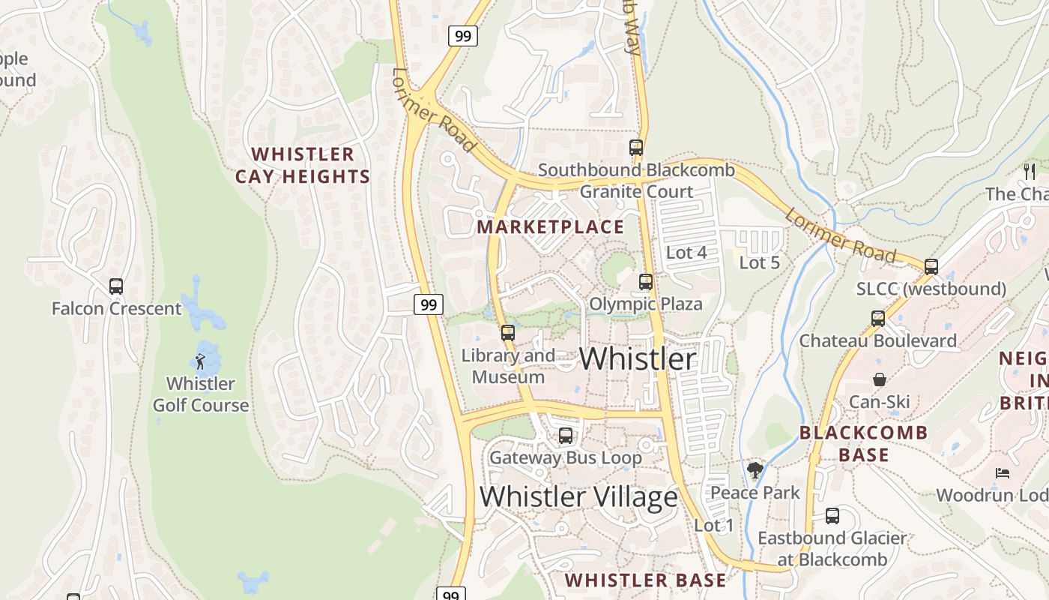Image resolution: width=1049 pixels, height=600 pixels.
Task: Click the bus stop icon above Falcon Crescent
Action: tap(116, 286)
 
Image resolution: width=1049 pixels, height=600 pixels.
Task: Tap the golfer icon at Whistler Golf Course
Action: tap(200, 363)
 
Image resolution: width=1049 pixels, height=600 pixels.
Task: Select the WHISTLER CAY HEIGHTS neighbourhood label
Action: tap(303, 166)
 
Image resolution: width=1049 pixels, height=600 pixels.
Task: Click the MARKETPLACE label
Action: tap(551, 226)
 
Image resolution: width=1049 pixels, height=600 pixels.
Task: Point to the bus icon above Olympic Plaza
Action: tap(646, 282)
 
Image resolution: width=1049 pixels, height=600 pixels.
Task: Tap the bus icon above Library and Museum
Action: tap(508, 332)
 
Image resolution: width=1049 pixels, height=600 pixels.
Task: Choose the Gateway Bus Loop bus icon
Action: tap(566, 435)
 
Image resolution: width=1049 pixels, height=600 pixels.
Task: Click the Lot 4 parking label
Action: tap(686, 253)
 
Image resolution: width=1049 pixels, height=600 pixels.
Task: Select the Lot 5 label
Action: tap(760, 262)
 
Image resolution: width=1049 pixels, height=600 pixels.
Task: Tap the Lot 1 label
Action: tap(714, 525)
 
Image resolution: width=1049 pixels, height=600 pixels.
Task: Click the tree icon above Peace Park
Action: tap(755, 471)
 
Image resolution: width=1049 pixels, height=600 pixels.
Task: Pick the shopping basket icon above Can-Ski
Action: tap(880, 380)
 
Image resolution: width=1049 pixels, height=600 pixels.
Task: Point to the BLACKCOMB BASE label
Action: tap(864, 443)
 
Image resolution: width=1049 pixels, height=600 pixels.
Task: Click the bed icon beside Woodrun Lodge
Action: tap(1003, 473)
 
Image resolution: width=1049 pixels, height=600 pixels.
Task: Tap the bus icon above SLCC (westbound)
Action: tap(931, 266)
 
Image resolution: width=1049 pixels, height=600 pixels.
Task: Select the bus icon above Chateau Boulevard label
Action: tap(878, 318)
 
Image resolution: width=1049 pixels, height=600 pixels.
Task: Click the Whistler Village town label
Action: tap(578, 496)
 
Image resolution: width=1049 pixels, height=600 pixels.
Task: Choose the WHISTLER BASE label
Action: tap(645, 580)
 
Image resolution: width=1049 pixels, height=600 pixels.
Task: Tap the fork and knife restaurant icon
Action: tap(1030, 172)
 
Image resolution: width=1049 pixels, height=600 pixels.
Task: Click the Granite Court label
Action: tap(637, 192)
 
